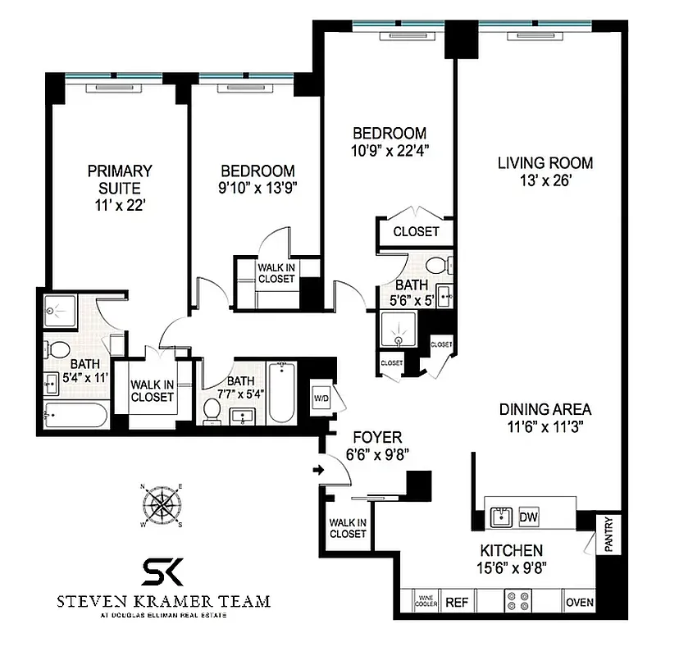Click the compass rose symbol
[163, 506]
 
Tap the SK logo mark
[162, 570]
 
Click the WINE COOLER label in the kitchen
[426, 602]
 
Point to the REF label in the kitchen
[456, 603]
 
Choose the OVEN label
[579, 603]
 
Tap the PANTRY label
[609, 533]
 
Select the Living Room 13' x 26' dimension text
[545, 181]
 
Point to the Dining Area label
[545, 409]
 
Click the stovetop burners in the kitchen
[519, 603]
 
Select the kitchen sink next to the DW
[499, 516]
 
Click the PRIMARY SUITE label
[120, 180]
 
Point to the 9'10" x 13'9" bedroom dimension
[257, 186]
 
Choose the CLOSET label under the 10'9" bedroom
[416, 231]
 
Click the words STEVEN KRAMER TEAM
[163, 601]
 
